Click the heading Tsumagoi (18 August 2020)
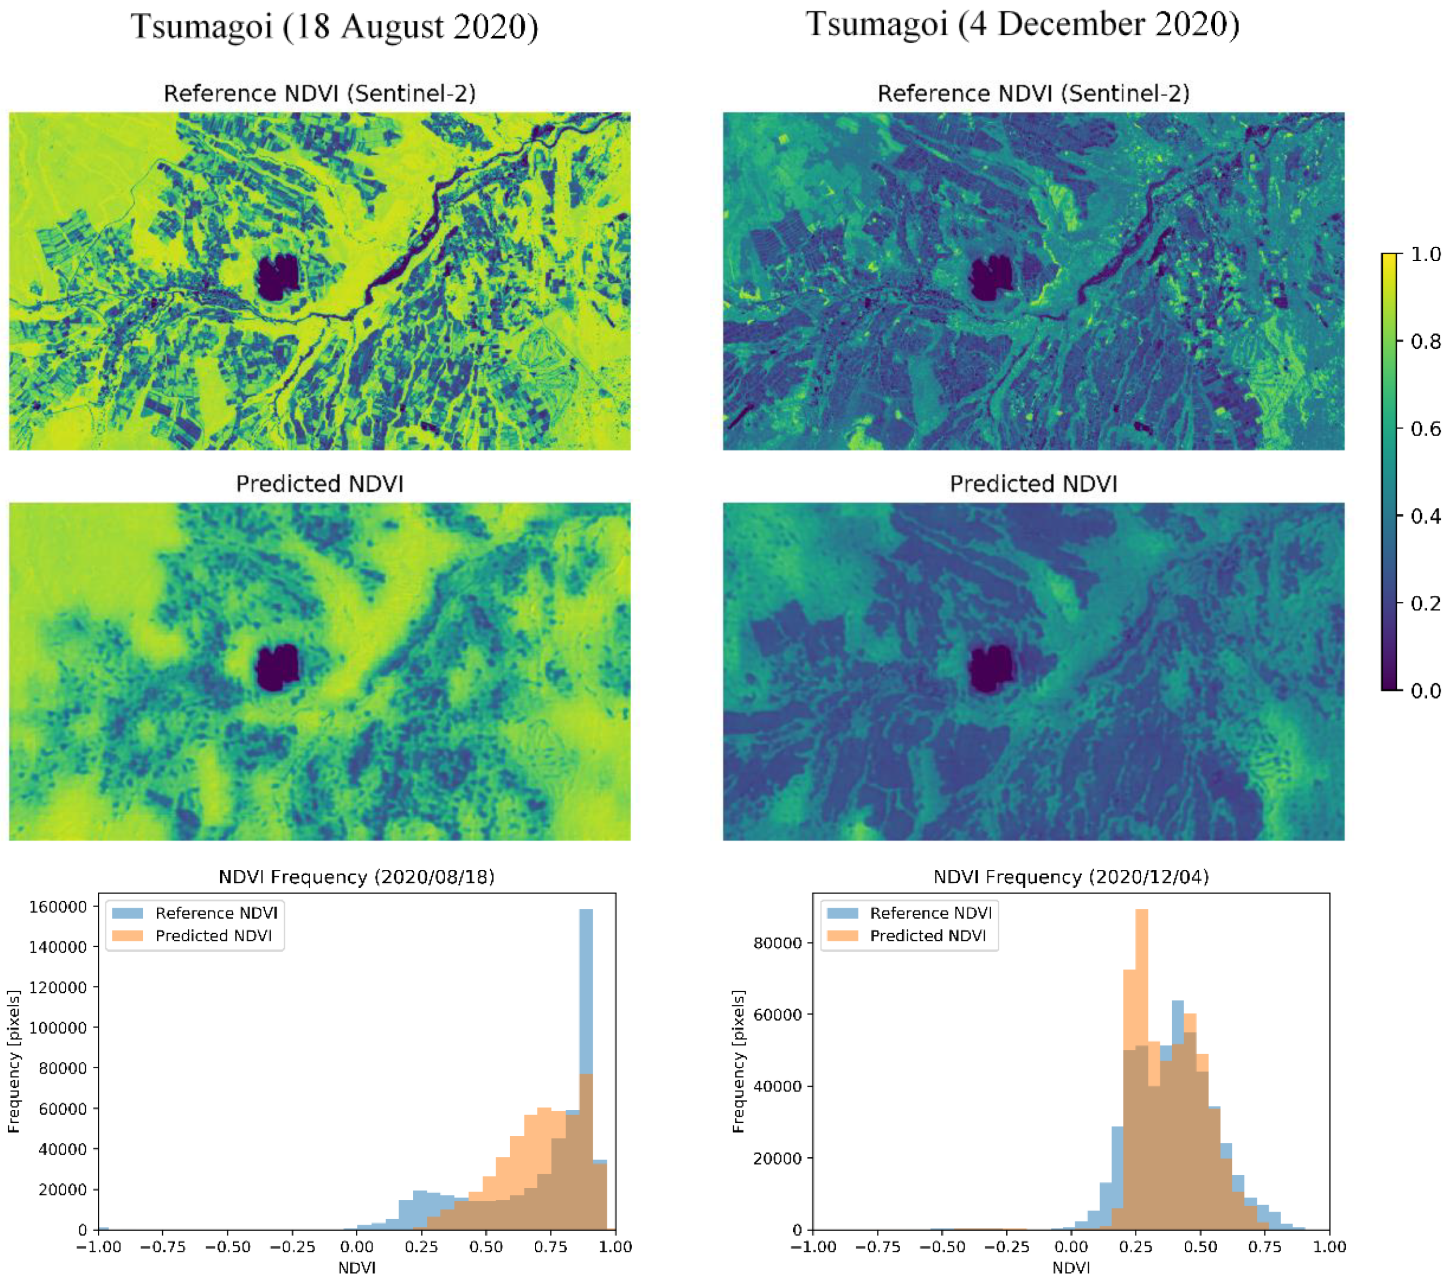click(334, 27)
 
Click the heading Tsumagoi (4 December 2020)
click(1022, 25)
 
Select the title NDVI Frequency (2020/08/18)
click(356, 877)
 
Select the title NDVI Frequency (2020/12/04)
click(1071, 877)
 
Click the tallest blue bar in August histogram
click(586, 993)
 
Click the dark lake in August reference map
click(277, 277)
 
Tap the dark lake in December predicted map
click(992, 667)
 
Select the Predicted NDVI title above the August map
click(319, 484)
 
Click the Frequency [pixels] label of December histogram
click(739, 1061)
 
